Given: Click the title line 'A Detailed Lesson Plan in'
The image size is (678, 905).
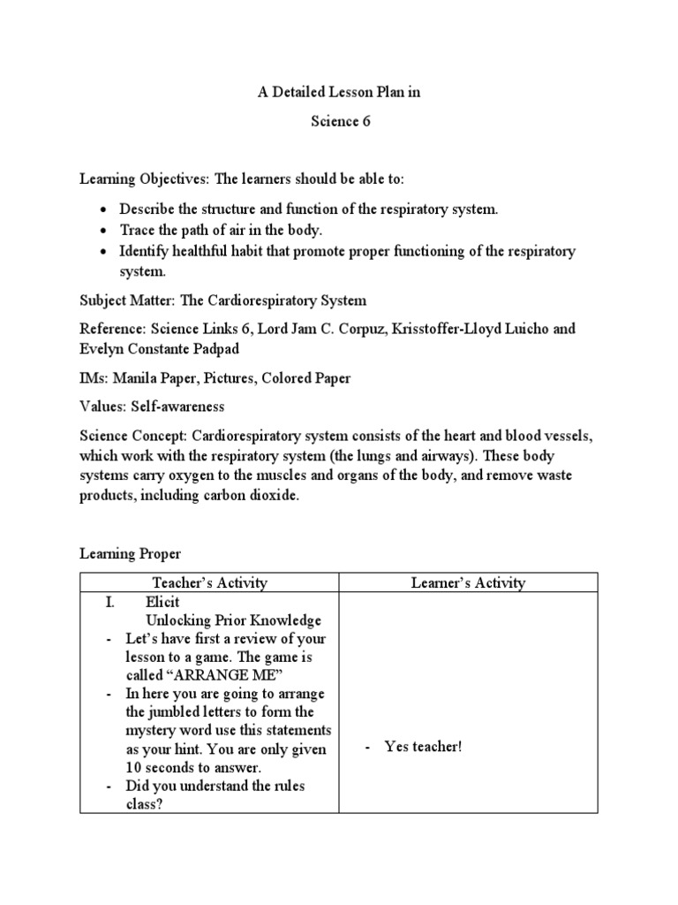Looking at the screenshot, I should [340, 94].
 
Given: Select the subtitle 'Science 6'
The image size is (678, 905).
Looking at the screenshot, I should [340, 122].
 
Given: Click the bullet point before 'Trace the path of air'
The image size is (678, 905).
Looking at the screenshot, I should [104, 231].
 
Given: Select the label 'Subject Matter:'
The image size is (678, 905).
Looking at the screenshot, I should [128, 300].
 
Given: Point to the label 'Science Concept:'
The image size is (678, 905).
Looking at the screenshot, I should [131, 436].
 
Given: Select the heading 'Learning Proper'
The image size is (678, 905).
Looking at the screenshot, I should [130, 554].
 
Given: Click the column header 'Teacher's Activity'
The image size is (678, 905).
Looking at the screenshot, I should [209, 582].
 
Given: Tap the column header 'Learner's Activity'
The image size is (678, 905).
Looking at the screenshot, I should [468, 582].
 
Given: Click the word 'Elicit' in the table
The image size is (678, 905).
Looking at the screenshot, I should [162, 602].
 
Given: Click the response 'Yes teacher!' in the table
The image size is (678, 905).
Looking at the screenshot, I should [423, 747].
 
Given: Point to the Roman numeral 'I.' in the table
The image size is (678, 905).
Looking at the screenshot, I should [109, 602].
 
